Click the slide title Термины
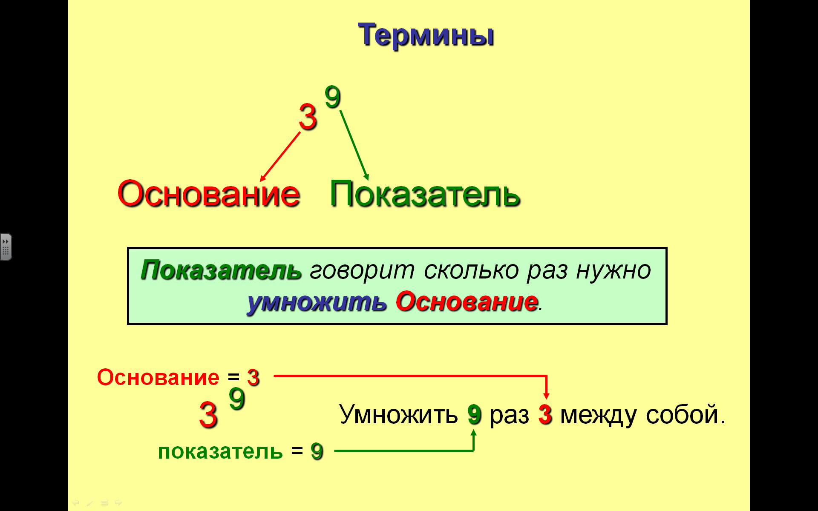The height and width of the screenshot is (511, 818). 426,35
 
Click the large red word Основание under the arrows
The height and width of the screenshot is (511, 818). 209,194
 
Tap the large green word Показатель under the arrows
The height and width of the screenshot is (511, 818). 425,194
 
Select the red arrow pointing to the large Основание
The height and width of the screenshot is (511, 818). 280,157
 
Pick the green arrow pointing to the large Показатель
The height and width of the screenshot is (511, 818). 354,145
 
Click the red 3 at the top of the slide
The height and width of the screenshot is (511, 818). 308,117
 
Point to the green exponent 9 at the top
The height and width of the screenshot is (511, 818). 333,97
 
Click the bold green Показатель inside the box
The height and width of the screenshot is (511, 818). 221,270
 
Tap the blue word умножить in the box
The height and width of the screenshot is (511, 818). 317,302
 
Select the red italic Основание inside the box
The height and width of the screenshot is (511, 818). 467,302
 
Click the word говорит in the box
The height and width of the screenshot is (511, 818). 362,271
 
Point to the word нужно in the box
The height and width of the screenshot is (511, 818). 613,270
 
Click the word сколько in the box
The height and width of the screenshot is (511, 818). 471,270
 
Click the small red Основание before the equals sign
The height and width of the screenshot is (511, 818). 158,377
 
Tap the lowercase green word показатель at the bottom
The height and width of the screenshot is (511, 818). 220,451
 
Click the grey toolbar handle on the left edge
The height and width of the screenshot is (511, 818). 6,247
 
